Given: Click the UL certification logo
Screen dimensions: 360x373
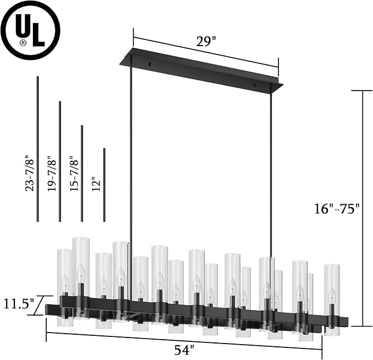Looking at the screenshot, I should (31, 31).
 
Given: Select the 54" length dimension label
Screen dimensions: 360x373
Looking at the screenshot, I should (185, 348).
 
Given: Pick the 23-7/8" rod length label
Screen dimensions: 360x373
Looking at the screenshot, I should (29, 175).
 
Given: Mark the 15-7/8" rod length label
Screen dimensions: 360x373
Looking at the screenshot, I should (74, 175).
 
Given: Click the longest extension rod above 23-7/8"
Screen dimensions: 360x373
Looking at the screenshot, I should (37, 148).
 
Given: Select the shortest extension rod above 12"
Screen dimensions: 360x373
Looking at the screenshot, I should (104, 184).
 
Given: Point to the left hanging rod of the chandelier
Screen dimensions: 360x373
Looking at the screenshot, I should (131, 165).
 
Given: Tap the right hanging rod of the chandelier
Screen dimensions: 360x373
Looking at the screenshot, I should (271, 176).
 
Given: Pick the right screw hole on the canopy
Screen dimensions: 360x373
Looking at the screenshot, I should (254, 86).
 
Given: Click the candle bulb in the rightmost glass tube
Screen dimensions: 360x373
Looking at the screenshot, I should (331, 299).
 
